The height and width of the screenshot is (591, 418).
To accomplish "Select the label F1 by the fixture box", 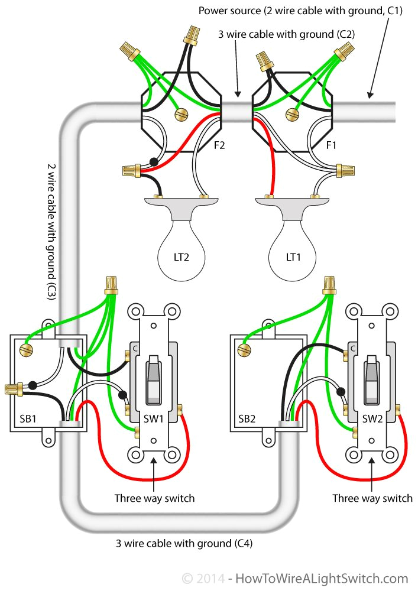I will [332, 144].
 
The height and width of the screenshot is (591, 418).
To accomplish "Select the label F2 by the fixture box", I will [220, 144].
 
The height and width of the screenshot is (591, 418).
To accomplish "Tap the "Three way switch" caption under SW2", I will [372, 498].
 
